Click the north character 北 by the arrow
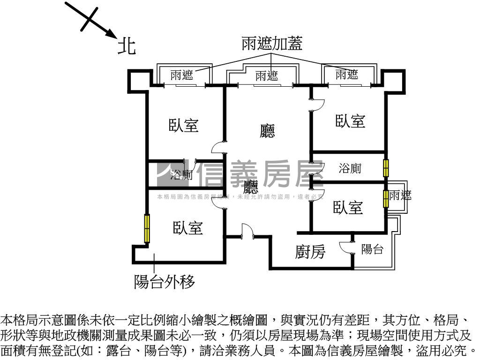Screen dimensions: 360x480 (x=127, y=46)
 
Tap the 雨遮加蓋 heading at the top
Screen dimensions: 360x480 (x=272, y=44)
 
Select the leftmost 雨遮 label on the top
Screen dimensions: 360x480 (x=181, y=75)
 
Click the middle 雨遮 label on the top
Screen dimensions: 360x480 (x=266, y=75)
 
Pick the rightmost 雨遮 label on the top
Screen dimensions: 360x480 (x=347, y=74)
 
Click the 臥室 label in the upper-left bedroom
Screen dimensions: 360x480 (x=184, y=126)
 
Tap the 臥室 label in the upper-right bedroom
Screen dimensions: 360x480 (x=350, y=121)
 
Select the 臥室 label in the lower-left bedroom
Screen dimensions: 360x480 (x=187, y=228)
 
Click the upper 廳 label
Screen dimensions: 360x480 (x=267, y=131)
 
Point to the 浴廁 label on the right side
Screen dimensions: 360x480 (x=350, y=168)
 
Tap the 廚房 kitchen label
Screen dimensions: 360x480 (x=310, y=252)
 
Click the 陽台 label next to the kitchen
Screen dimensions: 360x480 (x=372, y=249)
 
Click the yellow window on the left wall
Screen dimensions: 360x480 (x=147, y=228)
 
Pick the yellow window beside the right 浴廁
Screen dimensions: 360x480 (x=386, y=168)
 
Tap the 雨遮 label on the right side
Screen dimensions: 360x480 (x=400, y=195)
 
